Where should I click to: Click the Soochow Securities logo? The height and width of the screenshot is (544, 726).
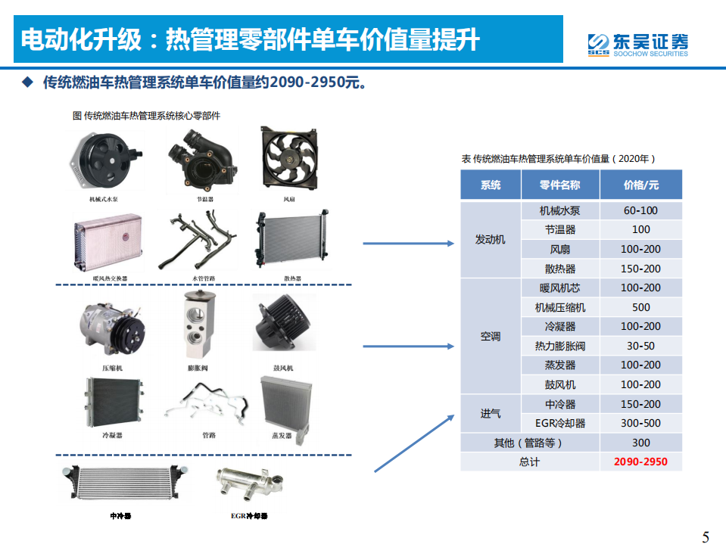(x=637, y=43)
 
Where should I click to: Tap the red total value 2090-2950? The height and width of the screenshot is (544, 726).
(x=640, y=462)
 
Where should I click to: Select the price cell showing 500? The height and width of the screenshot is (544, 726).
(x=640, y=307)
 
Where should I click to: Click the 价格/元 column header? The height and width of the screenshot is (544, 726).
(x=640, y=185)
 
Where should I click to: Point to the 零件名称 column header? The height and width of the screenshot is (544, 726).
(x=560, y=185)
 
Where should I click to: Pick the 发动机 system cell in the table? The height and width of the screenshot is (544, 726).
(x=490, y=240)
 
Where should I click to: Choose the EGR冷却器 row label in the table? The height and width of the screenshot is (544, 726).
(x=560, y=423)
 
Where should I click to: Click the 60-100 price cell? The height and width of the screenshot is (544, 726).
(x=640, y=210)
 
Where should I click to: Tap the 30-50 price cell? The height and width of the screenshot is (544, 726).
(x=640, y=346)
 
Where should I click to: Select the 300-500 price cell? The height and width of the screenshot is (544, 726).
(x=640, y=423)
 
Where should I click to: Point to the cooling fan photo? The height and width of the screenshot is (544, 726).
(x=288, y=160)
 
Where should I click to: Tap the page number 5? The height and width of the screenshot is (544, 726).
(x=706, y=537)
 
